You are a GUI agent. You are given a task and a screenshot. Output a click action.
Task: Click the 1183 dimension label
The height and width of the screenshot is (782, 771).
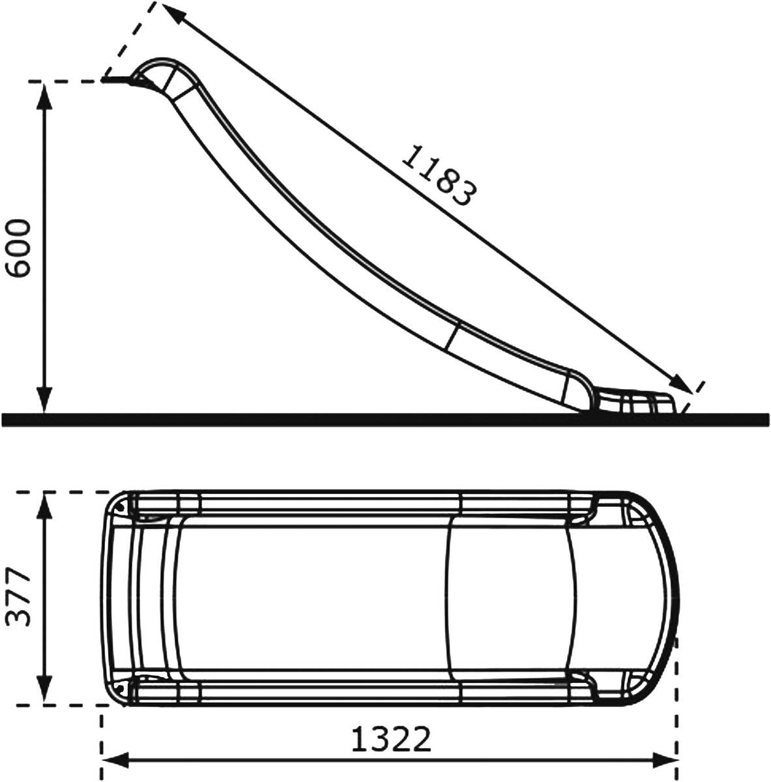coord(439,176)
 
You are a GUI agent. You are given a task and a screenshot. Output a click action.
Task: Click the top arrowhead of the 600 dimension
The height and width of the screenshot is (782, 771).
coord(44,96)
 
